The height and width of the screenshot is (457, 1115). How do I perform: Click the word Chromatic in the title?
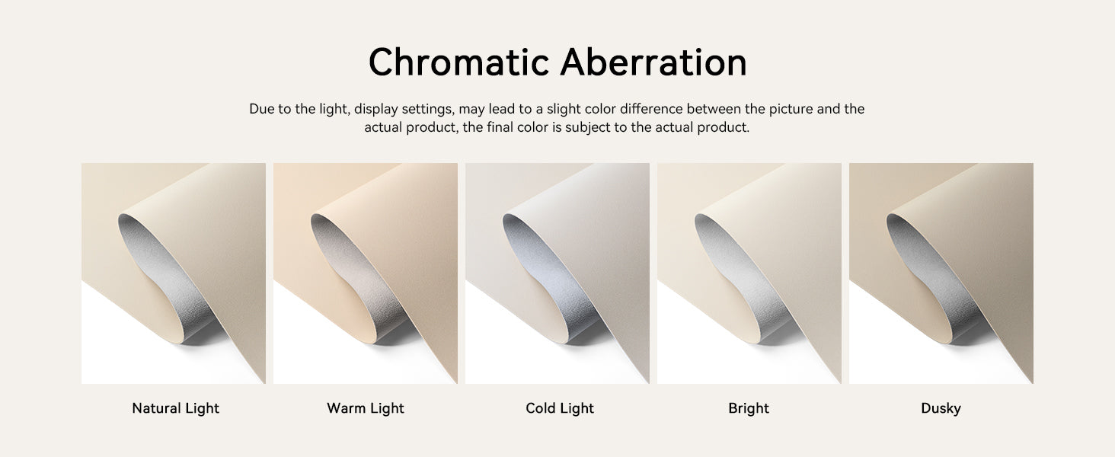pos(459,62)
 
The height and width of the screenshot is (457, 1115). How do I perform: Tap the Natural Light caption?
pos(176,408)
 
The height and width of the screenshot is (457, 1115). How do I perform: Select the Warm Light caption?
pos(366,408)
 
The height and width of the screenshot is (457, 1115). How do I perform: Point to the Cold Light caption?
pos(560,408)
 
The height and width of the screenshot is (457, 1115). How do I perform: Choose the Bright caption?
pos(749,408)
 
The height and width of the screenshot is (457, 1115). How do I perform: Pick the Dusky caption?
pos(941,408)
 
